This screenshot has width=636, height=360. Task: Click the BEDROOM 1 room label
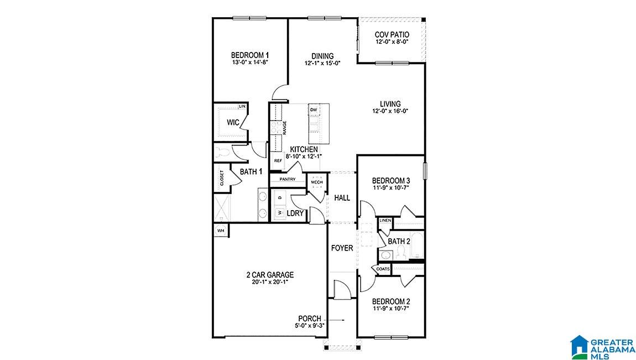click(x=250, y=55)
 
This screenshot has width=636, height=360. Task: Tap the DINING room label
click(x=322, y=56)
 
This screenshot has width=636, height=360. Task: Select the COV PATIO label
click(x=392, y=35)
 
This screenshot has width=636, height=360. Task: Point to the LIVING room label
click(x=390, y=103)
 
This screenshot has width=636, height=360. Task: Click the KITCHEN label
click(x=304, y=149)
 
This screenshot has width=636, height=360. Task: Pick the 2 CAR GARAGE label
click(x=270, y=275)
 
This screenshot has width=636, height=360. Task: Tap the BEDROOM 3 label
click(x=391, y=181)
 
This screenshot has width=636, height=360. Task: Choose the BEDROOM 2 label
click(x=391, y=302)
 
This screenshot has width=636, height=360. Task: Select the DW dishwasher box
click(x=314, y=110)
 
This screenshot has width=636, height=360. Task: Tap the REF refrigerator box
click(x=278, y=160)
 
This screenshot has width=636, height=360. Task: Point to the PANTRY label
click(x=287, y=179)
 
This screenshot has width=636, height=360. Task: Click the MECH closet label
click(x=316, y=182)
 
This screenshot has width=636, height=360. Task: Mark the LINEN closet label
click(x=385, y=221)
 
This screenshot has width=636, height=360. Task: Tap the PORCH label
click(x=310, y=319)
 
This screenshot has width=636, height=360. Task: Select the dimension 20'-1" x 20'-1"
click(x=270, y=282)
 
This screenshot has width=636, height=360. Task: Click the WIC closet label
click(x=233, y=123)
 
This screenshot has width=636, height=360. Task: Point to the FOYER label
click(x=342, y=248)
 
